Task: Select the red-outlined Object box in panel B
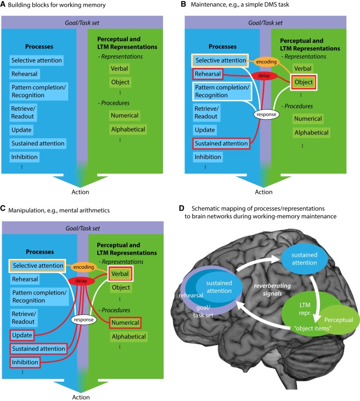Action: point(303,83)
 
